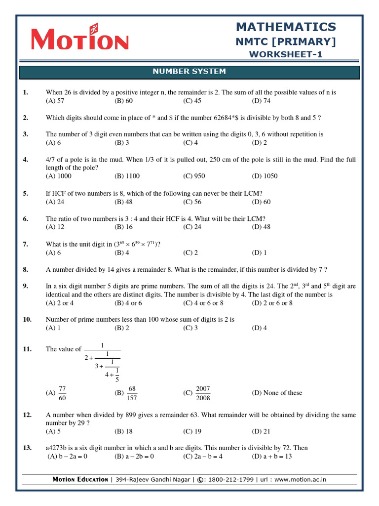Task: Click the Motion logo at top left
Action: (x=79, y=39)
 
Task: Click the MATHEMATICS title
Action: (x=286, y=27)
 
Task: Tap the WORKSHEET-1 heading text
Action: (x=286, y=54)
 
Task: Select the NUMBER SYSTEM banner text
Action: (x=189, y=72)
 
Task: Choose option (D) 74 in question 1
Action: (x=261, y=101)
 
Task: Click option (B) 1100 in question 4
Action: (x=127, y=176)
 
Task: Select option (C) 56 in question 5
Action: (x=192, y=202)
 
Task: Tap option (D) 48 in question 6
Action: (x=261, y=227)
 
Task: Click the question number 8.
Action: (x=26, y=270)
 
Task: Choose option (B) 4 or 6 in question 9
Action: (x=128, y=303)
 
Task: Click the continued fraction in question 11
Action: (x=103, y=363)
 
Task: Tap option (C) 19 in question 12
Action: (x=192, y=431)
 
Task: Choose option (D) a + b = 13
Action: (x=272, y=457)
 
